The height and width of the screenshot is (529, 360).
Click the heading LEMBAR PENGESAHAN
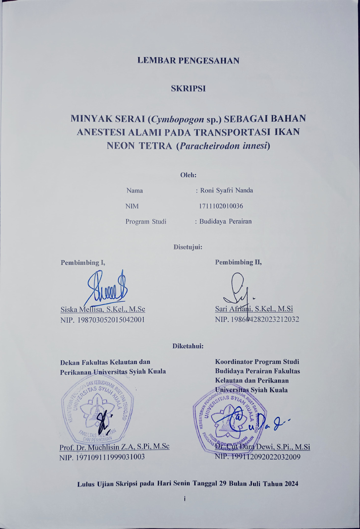tap(188, 61)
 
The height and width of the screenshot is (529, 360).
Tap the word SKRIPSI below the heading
tap(188, 88)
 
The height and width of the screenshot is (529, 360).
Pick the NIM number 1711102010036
tap(221, 206)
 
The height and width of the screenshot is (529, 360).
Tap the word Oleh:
tap(188, 175)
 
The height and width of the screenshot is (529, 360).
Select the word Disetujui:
tap(188, 247)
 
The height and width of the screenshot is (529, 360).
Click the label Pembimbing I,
tap(83, 262)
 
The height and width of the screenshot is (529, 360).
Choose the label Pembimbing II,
tap(238, 262)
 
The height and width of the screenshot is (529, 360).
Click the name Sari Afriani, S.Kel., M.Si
tap(254, 309)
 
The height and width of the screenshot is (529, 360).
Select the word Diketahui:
tap(188, 346)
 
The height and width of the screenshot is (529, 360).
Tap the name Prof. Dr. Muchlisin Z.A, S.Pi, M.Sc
tap(114, 446)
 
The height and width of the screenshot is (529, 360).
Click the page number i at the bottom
tap(185, 499)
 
